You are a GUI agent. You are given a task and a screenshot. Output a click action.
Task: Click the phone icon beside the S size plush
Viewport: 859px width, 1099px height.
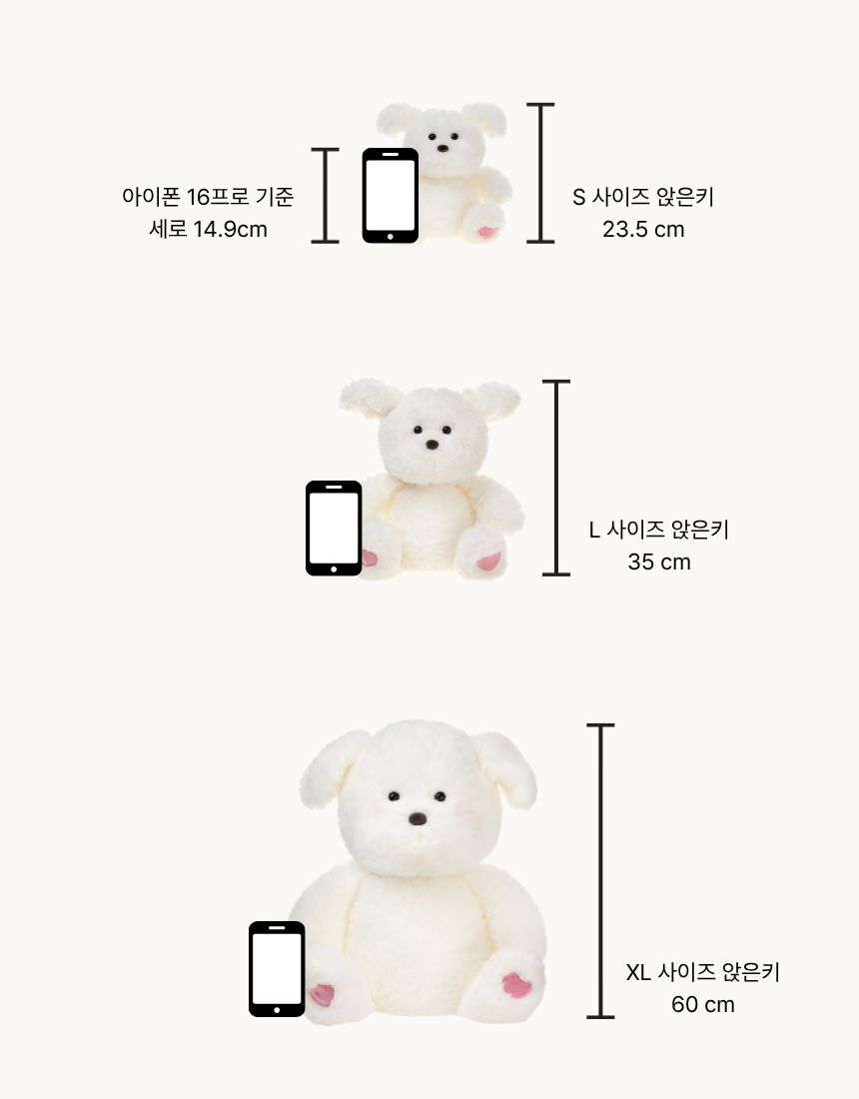tap(391, 196)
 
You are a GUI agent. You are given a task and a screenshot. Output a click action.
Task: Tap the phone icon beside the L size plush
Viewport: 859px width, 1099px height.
tap(334, 528)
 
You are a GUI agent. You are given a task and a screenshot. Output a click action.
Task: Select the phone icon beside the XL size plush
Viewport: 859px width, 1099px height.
tap(277, 969)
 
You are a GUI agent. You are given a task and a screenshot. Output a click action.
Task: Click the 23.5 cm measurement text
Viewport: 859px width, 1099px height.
tap(643, 229)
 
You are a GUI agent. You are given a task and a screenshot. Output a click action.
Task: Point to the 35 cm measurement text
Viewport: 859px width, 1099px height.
tap(659, 561)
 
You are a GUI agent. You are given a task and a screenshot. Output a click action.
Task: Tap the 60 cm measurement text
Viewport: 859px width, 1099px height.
tap(703, 1004)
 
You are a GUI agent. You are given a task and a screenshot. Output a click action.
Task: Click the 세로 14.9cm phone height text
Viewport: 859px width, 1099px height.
tap(208, 229)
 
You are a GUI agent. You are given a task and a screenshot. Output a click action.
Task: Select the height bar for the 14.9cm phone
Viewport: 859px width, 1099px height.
tap(325, 196)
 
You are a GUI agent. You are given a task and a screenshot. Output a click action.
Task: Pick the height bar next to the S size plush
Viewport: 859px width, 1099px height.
tap(540, 173)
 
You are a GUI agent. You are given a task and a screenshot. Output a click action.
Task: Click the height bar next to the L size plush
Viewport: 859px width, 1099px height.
tap(556, 478)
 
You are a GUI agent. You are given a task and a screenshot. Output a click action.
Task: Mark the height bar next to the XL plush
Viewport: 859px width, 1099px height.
tap(600, 870)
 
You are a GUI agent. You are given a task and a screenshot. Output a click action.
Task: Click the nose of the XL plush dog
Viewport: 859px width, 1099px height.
tap(418, 818)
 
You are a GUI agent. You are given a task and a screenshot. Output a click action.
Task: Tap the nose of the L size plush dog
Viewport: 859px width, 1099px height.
tap(432, 445)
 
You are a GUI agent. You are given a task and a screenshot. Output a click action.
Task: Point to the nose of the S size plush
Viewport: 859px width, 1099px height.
tap(442, 149)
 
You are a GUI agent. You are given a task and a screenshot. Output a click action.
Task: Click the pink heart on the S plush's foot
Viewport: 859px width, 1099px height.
tap(487, 232)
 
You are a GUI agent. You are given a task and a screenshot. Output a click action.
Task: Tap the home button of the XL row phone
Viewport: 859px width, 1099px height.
tap(277, 1010)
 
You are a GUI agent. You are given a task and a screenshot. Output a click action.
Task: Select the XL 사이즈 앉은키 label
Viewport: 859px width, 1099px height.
tap(703, 971)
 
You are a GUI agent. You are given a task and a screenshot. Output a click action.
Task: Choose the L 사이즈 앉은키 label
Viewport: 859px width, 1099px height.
tap(659, 530)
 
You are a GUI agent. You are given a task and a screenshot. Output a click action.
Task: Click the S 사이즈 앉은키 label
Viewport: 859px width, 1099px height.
tap(643, 197)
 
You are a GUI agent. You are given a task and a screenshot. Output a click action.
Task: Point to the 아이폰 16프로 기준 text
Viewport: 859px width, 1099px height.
tap(208, 197)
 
